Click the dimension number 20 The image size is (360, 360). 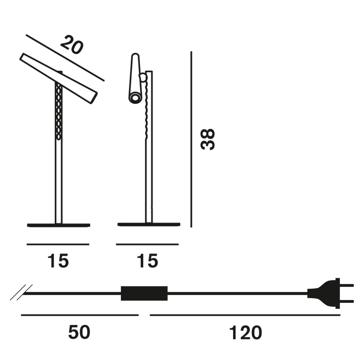(72, 45)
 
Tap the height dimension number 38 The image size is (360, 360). (208, 139)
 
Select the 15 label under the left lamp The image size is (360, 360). (58, 261)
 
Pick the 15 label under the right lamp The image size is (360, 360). (147, 261)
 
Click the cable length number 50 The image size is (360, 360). (79, 332)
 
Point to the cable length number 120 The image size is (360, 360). (245, 332)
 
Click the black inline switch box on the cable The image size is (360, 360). (144, 293)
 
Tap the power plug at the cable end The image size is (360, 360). (331, 293)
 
